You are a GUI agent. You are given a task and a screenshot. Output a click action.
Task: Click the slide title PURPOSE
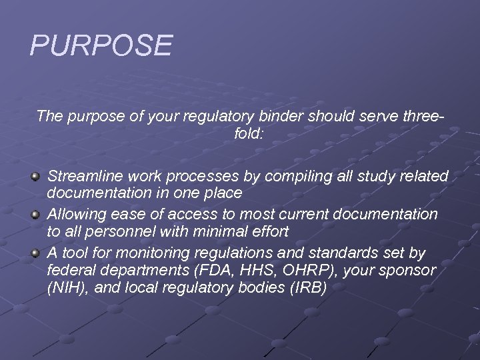coord(101,45)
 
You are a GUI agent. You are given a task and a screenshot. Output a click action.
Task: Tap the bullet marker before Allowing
coord(36,215)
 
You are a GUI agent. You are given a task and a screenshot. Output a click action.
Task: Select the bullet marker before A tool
coord(36,253)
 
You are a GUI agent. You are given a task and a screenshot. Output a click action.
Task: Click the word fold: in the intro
coord(249,134)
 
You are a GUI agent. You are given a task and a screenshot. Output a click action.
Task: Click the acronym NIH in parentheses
coord(65,287)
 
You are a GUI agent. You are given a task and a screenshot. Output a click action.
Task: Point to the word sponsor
coord(407,271)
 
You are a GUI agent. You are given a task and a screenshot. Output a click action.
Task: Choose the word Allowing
coord(79,215)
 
